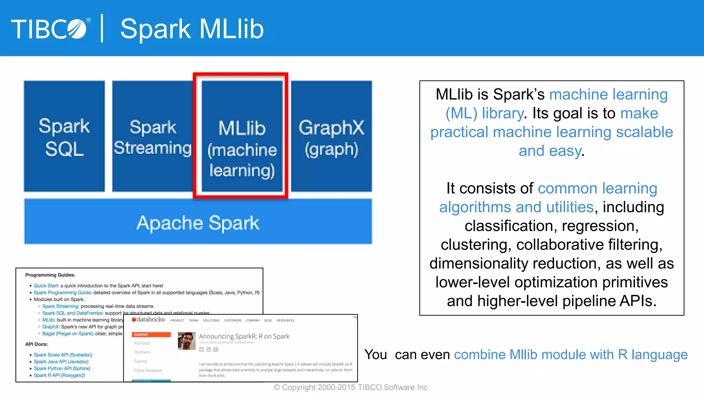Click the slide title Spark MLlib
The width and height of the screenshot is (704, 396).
(192, 29)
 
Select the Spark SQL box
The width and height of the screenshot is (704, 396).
(64, 136)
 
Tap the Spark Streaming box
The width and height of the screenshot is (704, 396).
(152, 136)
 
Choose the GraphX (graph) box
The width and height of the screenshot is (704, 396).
(331, 136)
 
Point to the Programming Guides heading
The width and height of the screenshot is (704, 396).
(50, 275)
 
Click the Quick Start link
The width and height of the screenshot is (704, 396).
(46, 286)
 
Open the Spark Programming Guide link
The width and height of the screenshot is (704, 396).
(62, 293)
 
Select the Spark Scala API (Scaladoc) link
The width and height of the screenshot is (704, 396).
(63, 355)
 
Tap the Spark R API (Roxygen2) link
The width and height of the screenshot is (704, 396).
(59, 375)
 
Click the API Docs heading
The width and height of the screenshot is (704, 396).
(36, 344)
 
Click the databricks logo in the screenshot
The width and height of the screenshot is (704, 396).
(148, 320)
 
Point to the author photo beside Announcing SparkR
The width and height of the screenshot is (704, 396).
(187, 341)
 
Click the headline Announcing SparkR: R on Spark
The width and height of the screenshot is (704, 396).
(244, 336)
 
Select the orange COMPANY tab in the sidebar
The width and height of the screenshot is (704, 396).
(151, 334)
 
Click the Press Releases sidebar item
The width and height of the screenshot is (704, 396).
(148, 371)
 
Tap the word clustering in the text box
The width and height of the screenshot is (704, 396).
(476, 245)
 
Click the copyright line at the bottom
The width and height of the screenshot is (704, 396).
(352, 387)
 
